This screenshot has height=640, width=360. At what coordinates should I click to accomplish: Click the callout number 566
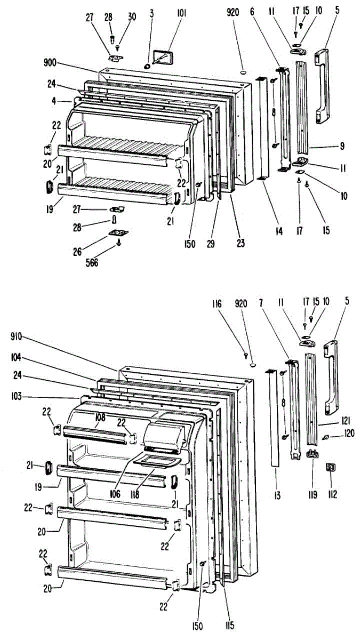[x=92, y=263]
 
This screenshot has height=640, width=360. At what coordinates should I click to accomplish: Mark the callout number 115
[x=229, y=625]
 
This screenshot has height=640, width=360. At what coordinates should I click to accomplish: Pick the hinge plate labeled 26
[x=119, y=233]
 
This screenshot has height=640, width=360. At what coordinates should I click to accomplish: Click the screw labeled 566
[x=119, y=243]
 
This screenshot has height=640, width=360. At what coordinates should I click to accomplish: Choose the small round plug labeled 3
[x=146, y=66]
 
